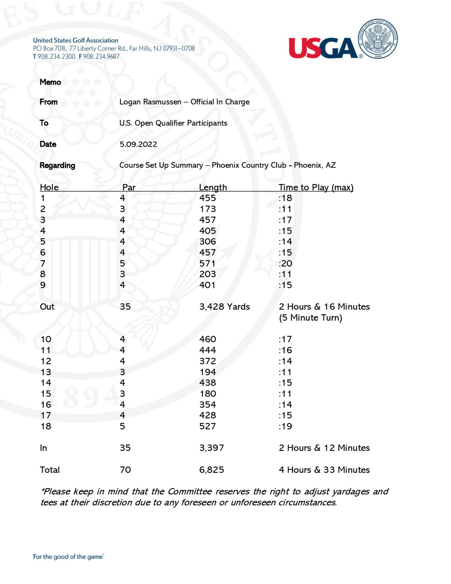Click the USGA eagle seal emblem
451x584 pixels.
click(x=377, y=39)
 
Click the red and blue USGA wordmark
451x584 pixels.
click(x=323, y=48)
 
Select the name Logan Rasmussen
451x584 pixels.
click(x=150, y=102)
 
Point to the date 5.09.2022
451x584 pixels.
click(x=138, y=144)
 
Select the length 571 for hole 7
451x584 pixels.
click(x=207, y=263)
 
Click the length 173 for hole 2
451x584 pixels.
click(x=207, y=209)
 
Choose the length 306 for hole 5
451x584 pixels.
click(x=207, y=241)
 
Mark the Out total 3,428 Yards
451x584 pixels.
click(x=224, y=307)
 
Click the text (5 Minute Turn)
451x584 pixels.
click(x=311, y=318)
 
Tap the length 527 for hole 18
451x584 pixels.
click(x=207, y=426)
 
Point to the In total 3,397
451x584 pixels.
click(x=211, y=448)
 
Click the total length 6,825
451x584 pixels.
click(x=211, y=470)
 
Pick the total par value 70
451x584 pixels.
click(x=125, y=470)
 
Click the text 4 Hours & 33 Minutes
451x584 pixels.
click(x=324, y=470)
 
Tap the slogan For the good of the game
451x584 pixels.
click(x=68, y=557)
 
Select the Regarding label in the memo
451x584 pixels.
click(x=57, y=166)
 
